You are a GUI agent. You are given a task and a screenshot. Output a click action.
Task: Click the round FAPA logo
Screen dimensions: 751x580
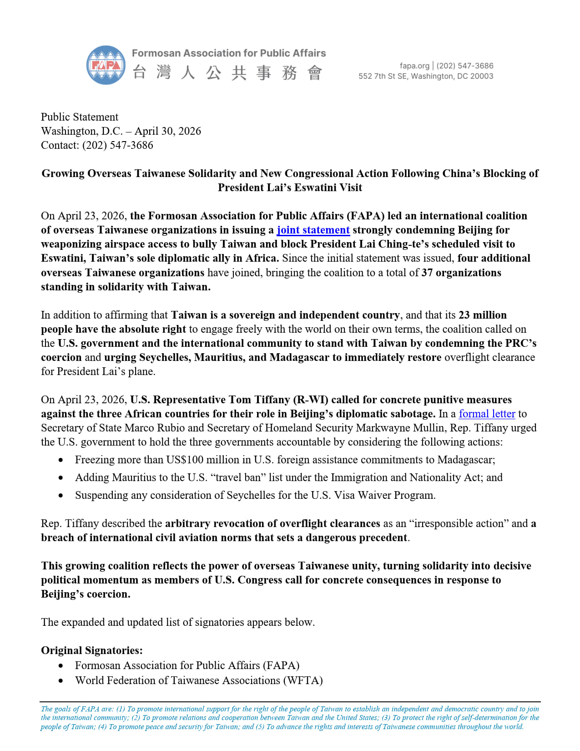pos(106,65)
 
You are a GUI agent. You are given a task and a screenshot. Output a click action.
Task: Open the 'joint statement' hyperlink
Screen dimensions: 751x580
pos(313,230)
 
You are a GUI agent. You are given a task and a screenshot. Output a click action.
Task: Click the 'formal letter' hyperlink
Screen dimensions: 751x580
pos(487,414)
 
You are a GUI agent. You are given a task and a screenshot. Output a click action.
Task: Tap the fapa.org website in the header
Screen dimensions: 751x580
pos(414,66)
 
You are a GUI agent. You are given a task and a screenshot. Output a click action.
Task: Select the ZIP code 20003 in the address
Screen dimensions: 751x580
pos(482,76)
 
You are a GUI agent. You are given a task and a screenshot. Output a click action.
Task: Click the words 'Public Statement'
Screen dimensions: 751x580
pos(80,117)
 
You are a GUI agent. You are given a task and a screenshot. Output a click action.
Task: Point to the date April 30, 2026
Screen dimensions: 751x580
pos(168,131)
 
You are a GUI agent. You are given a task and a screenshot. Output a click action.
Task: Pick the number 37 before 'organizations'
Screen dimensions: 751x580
pos(427,273)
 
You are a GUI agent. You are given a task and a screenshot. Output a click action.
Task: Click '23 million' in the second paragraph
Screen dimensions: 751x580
pos(482,315)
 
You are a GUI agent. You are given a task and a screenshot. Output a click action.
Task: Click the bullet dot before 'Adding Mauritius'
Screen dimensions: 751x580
pos(61,478)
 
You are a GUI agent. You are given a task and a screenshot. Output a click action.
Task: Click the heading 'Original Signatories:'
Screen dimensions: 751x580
pos(92,650)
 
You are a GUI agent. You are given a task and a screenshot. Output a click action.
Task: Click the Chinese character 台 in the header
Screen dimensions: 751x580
pos(140,72)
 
